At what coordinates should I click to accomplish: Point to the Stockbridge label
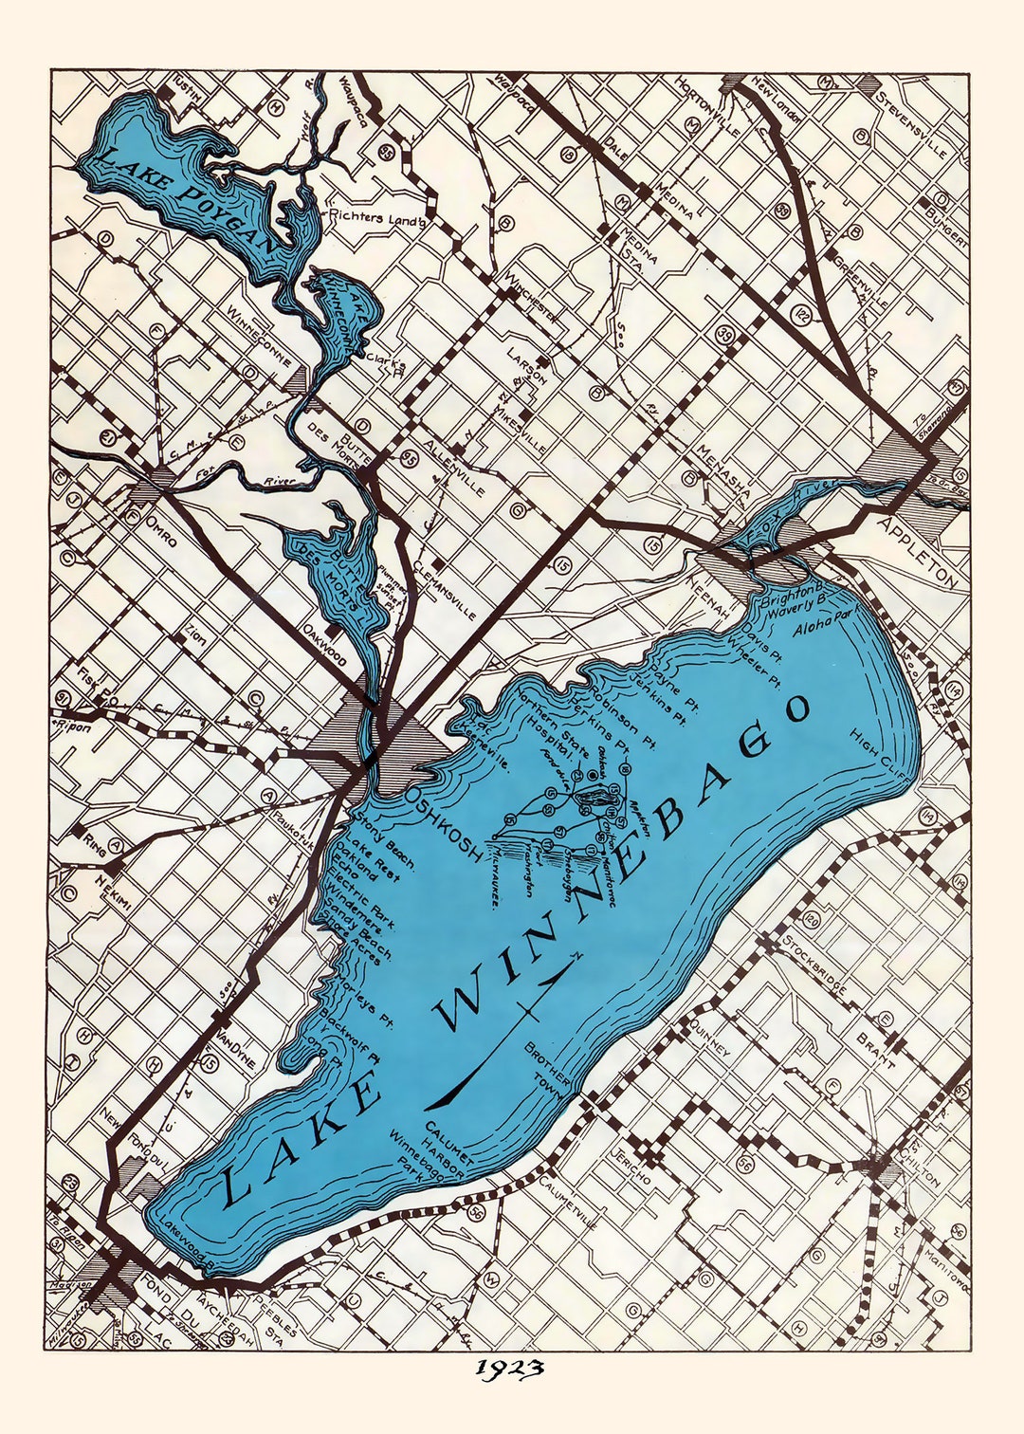[814, 965]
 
